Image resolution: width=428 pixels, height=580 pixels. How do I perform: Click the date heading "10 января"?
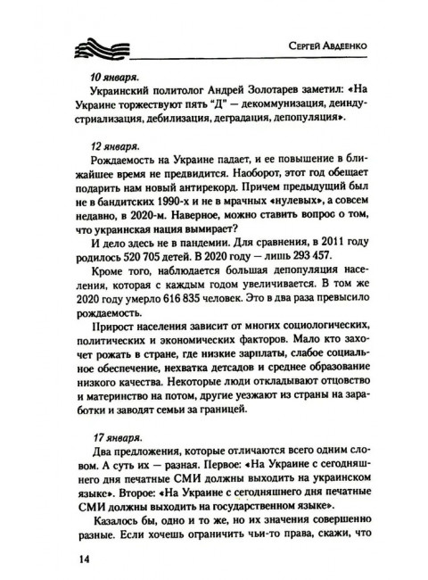pyautogui.click(x=113, y=77)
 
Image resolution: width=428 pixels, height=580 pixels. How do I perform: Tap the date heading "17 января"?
pyautogui.click(x=113, y=414)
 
